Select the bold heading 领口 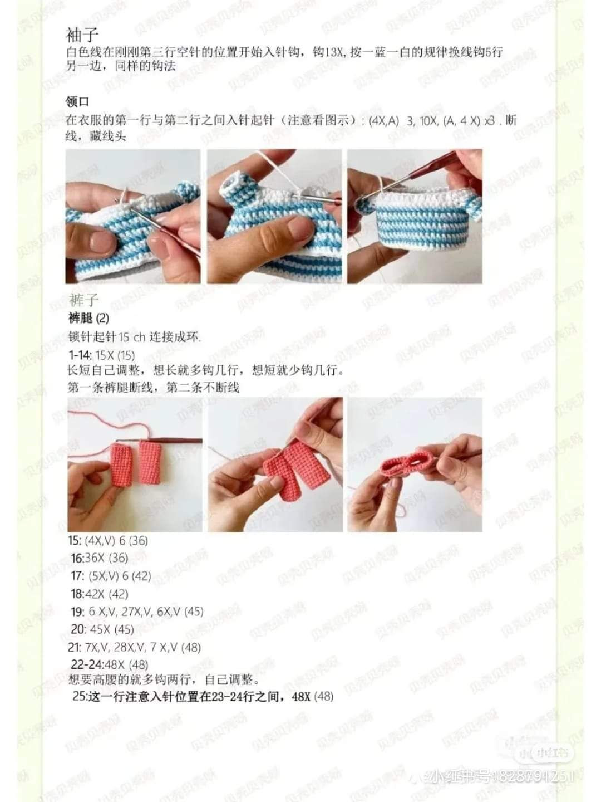77,102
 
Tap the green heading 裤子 83,300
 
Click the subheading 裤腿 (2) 88,318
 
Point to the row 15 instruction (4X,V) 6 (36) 108,540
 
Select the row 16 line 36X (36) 100,558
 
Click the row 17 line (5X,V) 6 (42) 111,576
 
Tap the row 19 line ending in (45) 137,612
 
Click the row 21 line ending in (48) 135,647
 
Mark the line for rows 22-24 110,664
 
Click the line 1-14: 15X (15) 101,355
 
